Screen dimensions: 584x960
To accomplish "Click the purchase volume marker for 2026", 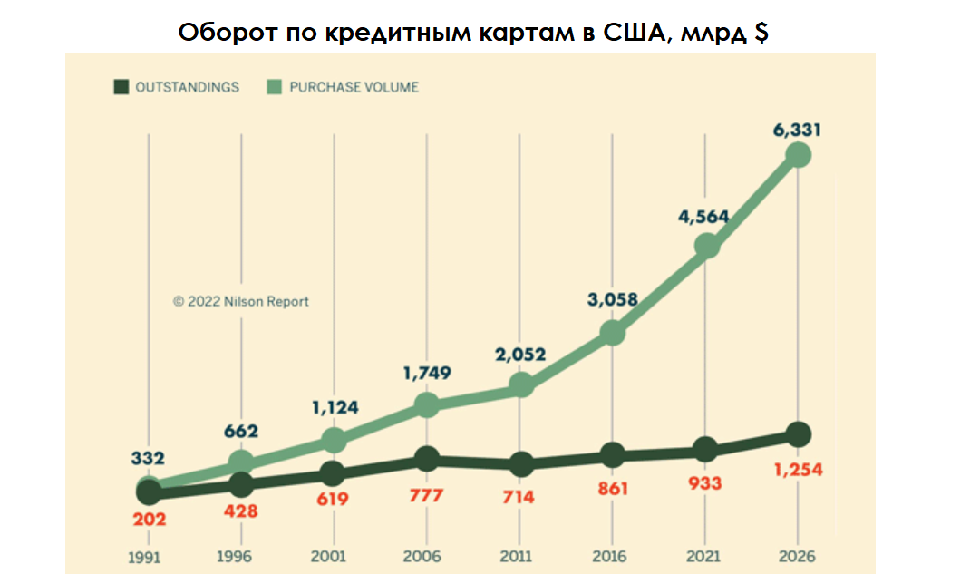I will coord(798,155).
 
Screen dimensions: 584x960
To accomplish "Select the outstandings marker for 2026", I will coord(798,434).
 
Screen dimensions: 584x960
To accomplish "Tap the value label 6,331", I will coord(797,130).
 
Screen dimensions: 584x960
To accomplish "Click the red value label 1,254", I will coord(799,471).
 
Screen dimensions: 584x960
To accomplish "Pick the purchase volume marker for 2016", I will coord(613,333).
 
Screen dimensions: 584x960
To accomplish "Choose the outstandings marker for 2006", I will coord(427,460).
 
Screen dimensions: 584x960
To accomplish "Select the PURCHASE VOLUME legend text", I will coord(354,87).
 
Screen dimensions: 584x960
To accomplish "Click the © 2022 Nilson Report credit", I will coord(241,301).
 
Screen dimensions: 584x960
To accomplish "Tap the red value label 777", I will coord(426,496).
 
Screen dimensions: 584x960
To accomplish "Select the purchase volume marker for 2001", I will coord(335,441).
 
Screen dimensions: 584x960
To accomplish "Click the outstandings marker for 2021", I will coord(705,450).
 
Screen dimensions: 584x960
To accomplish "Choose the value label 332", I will coord(149,458).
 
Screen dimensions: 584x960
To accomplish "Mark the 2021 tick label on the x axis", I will coord(705,556).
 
